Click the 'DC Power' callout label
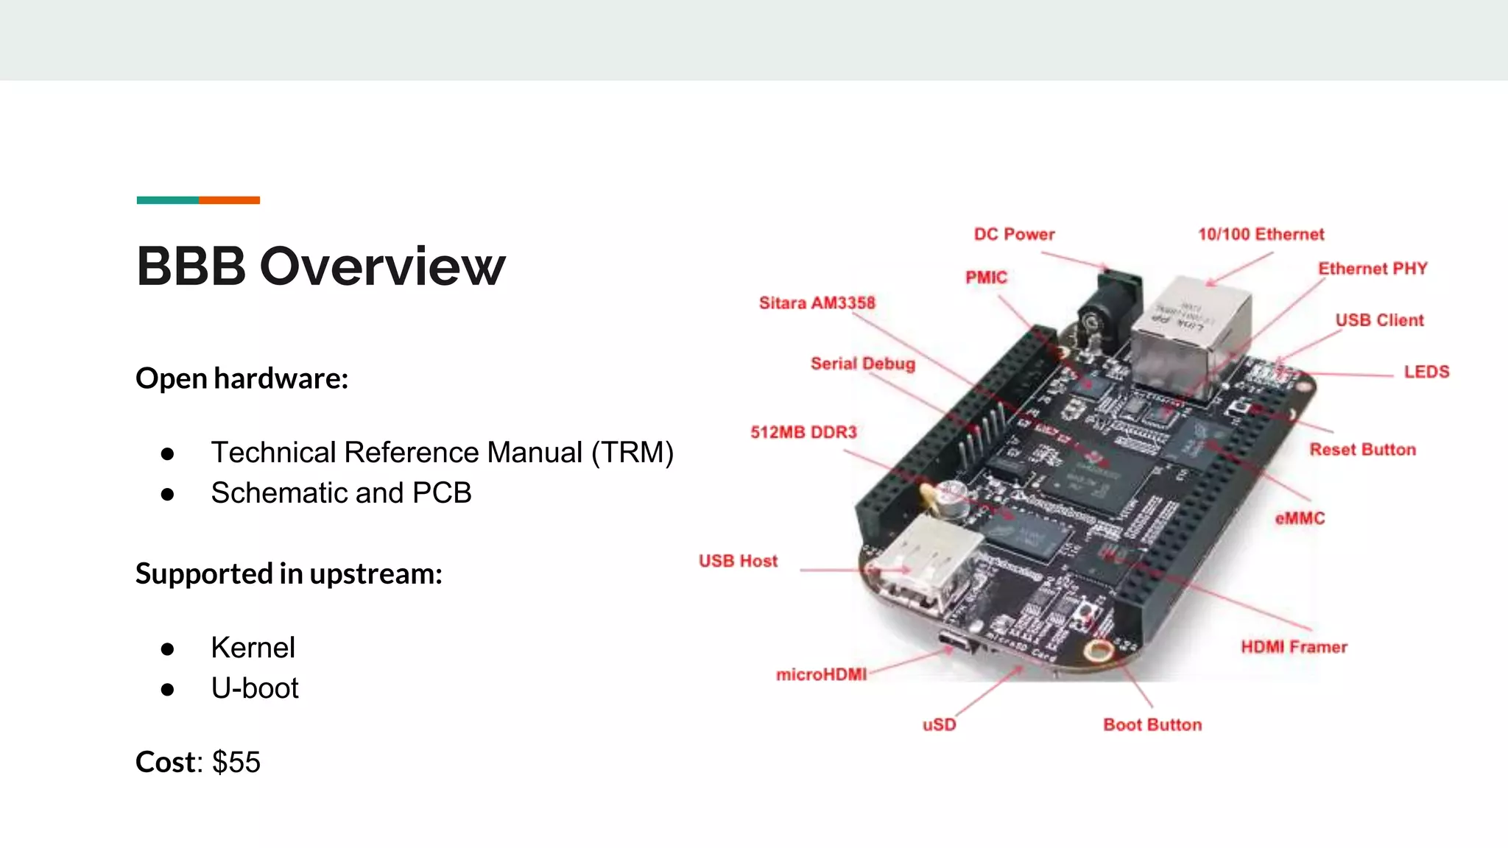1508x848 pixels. coord(1014,234)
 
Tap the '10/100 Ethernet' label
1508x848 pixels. coord(1261,234)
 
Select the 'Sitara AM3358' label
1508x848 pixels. coord(817,303)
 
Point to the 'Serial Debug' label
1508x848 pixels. coord(862,364)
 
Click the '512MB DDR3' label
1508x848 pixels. coord(803,432)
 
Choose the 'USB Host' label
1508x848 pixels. coord(738,561)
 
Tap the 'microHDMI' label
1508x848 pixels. coord(821,674)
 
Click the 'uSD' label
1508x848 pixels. coord(939,725)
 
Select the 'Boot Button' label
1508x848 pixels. coord(1152,725)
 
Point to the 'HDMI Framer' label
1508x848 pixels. coord(1294,647)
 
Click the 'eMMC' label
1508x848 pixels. coord(1300,518)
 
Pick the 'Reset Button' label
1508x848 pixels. coord(1362,450)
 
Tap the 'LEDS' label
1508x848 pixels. coord(1426,372)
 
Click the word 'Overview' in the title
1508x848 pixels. coord(382,266)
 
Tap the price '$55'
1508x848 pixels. coord(236,762)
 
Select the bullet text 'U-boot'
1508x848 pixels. coord(255,688)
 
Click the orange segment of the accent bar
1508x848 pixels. coord(229,200)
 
